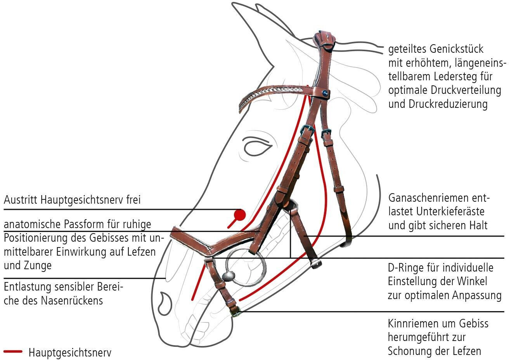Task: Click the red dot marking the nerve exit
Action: point(240,215)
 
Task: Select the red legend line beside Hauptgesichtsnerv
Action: point(13,351)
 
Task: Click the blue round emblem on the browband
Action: point(325,93)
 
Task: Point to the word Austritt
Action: point(20,200)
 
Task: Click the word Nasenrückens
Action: point(72,301)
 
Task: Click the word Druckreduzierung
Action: point(448,104)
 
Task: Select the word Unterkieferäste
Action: point(450,211)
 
